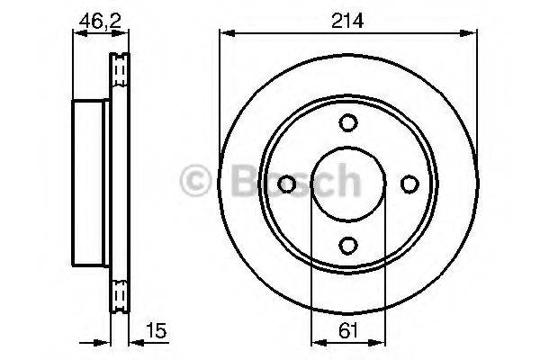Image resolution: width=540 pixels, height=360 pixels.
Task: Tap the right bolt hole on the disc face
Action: click(x=409, y=184)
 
